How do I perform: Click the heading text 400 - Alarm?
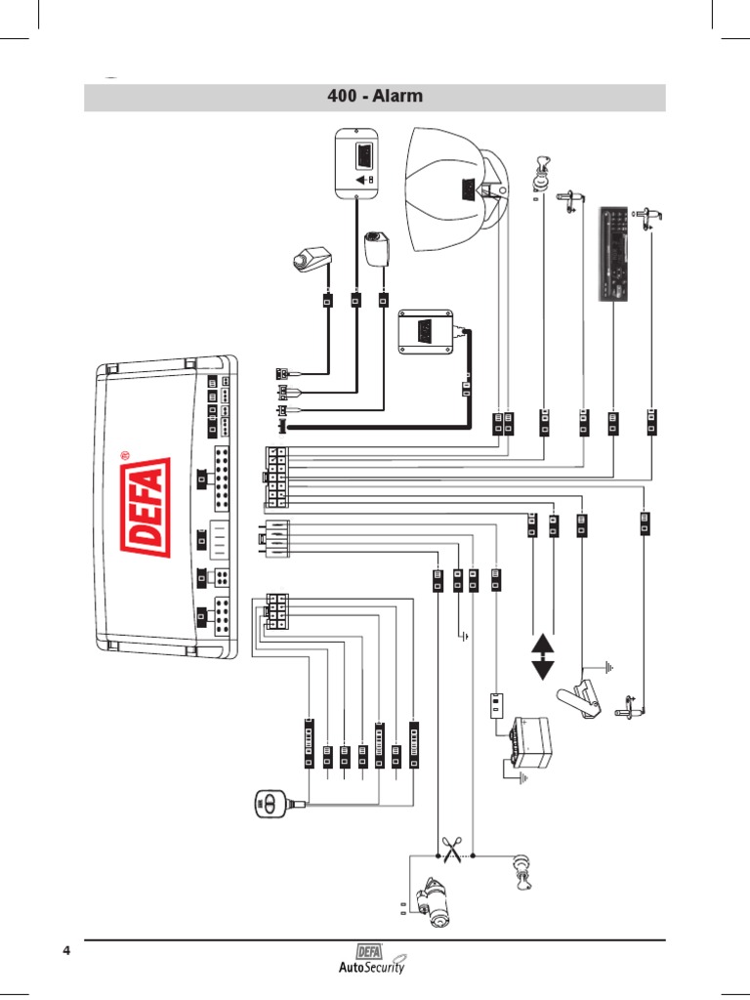tap(375, 98)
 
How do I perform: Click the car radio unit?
tap(613, 256)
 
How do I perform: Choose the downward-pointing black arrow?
tap(542, 671)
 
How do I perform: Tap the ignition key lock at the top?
tap(542, 176)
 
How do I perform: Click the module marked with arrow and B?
tap(357, 163)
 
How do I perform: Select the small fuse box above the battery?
tap(495, 705)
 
